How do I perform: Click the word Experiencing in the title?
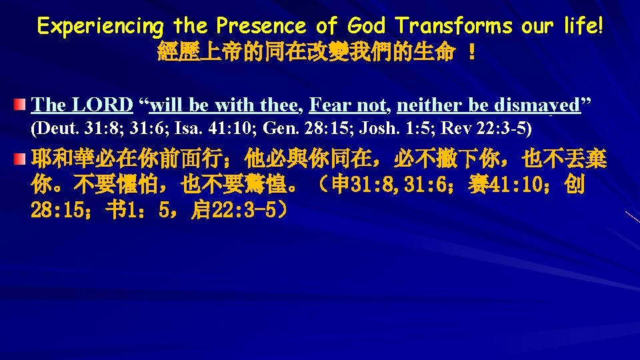coord(101,26)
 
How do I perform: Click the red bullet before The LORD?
coord(21,105)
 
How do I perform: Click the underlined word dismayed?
coord(539,105)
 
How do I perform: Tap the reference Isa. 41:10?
coord(197,127)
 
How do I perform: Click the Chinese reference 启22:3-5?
coord(237,211)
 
